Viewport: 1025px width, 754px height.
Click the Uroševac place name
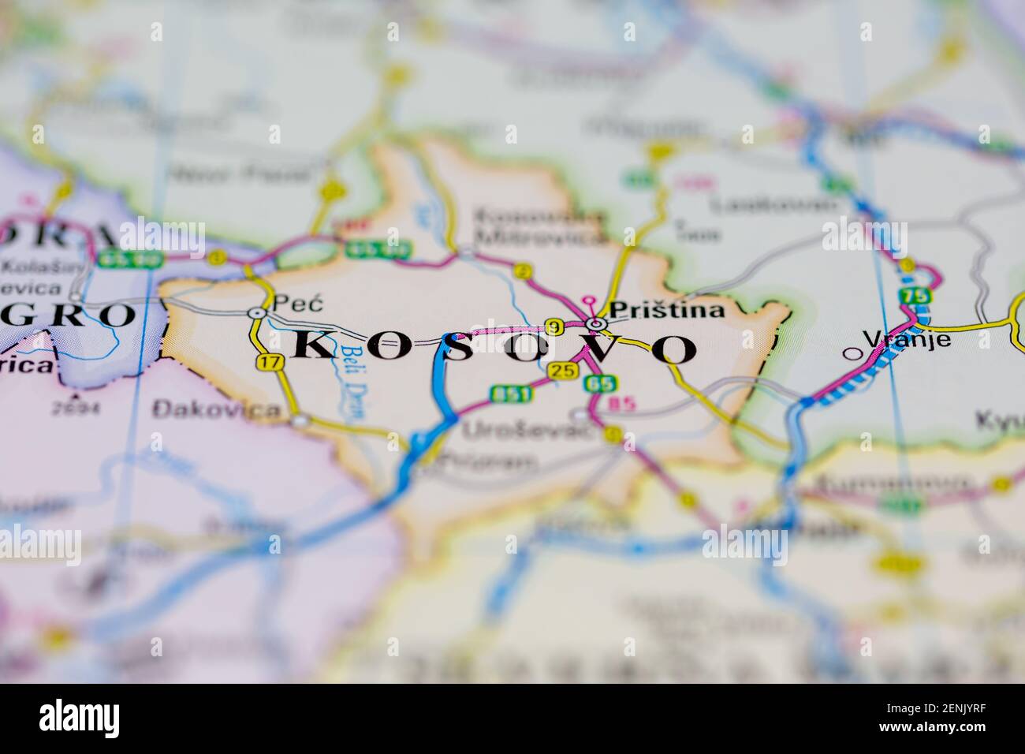pos(506,431)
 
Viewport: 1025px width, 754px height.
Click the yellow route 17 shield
pos(270,363)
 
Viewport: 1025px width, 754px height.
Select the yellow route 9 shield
pos(555,327)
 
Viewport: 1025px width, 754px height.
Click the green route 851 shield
pos(505,392)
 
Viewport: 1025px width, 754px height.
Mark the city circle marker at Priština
pos(597,324)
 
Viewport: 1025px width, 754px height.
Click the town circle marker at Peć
pos(256,313)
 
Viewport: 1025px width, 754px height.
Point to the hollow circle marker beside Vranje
pos(851,353)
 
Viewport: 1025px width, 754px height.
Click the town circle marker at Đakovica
pos(300,421)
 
